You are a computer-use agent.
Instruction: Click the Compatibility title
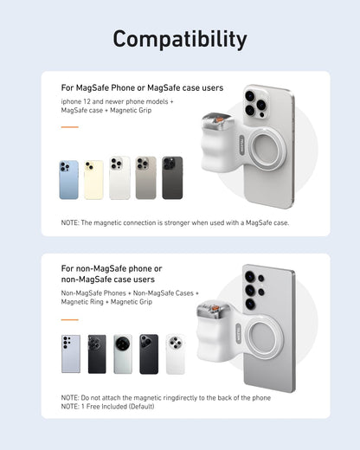click(180, 39)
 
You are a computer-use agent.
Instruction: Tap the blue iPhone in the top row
click(69, 179)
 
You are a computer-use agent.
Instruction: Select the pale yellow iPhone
click(94, 179)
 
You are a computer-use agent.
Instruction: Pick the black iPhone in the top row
click(172, 178)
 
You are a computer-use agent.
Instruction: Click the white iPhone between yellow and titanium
click(120, 178)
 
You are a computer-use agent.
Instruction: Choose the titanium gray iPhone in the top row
click(146, 178)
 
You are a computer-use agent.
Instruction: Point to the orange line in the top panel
click(70, 127)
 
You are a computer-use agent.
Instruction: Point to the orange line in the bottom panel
click(70, 319)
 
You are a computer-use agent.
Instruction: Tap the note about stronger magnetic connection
click(175, 222)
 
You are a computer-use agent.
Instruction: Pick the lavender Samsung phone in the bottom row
click(71, 354)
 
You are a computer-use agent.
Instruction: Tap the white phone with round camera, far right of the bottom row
click(176, 354)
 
